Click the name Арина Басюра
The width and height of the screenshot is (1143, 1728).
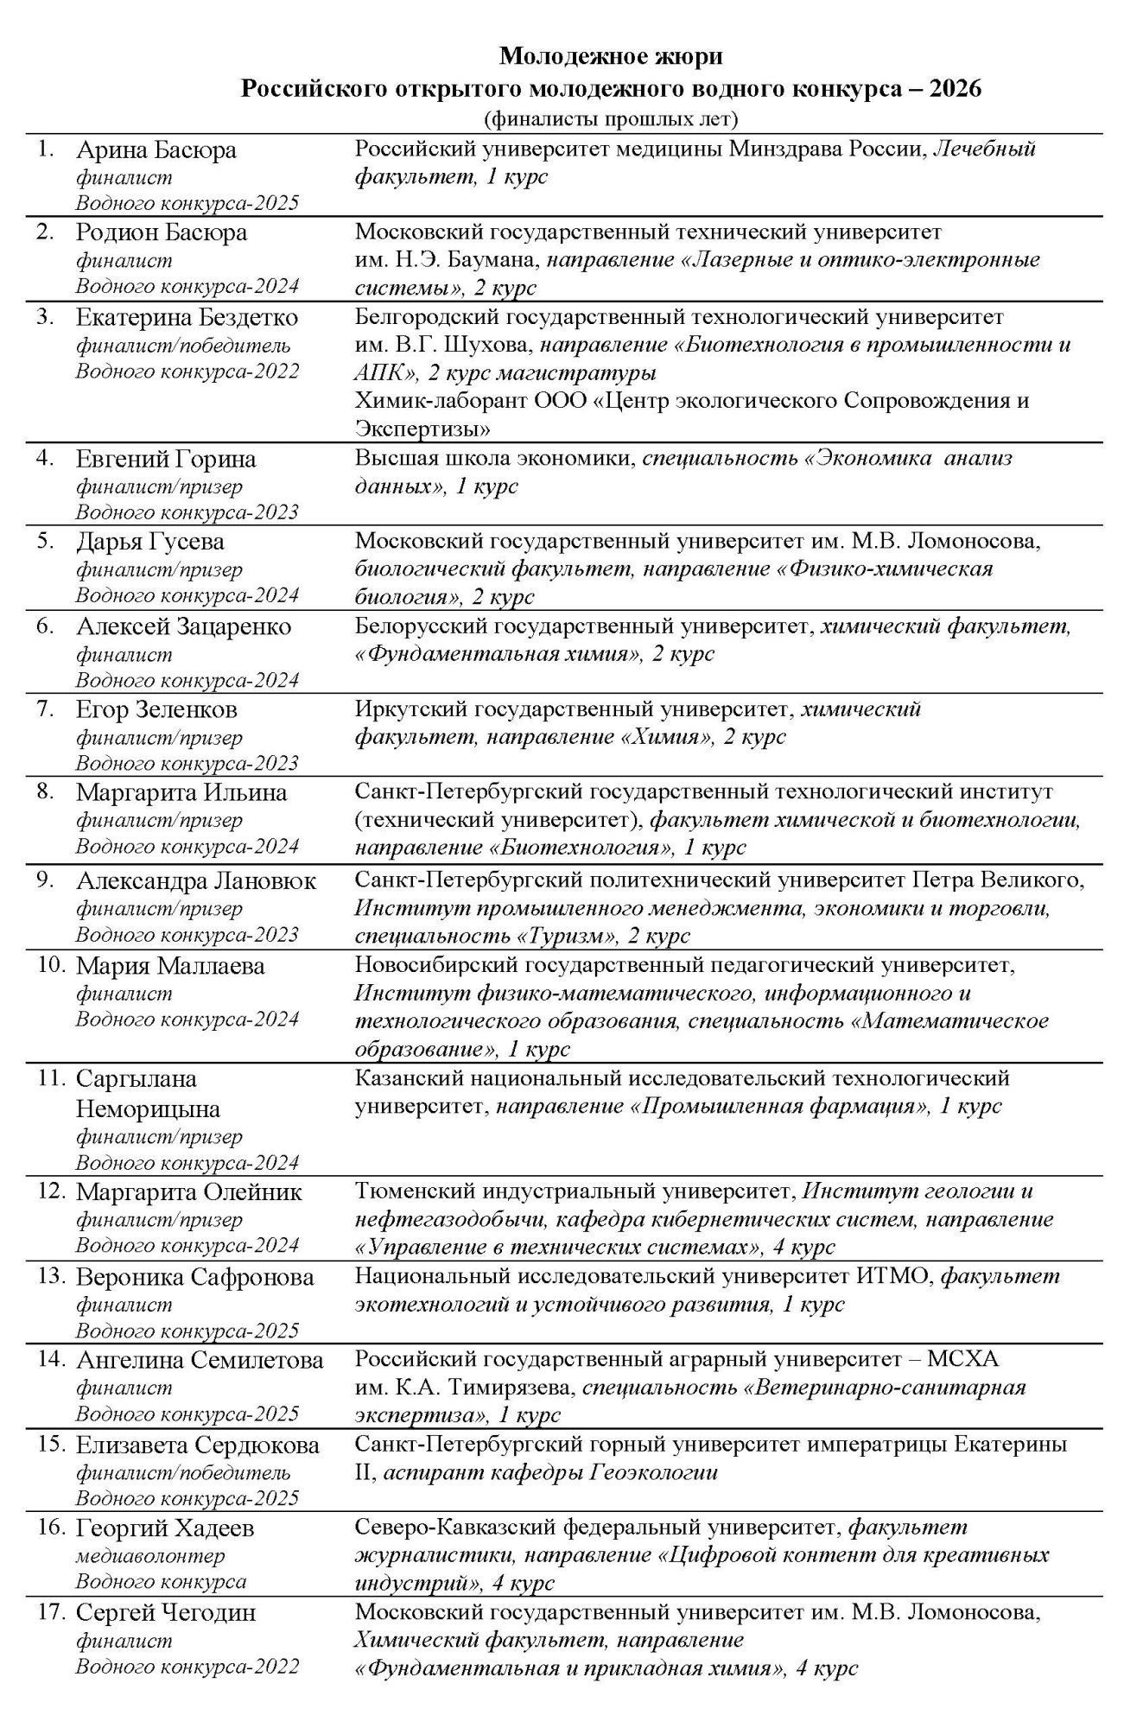click(156, 150)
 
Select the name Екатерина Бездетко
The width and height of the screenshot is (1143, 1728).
click(187, 318)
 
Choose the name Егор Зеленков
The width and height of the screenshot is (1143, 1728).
click(156, 710)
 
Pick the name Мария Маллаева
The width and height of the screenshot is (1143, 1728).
click(170, 966)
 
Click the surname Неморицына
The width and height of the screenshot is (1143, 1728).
click(148, 1109)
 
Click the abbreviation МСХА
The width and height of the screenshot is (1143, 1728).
click(962, 1360)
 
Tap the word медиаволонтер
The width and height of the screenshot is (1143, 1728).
click(150, 1556)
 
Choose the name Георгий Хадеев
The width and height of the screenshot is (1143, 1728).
click(165, 1528)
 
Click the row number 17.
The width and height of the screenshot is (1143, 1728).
click(50, 1612)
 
